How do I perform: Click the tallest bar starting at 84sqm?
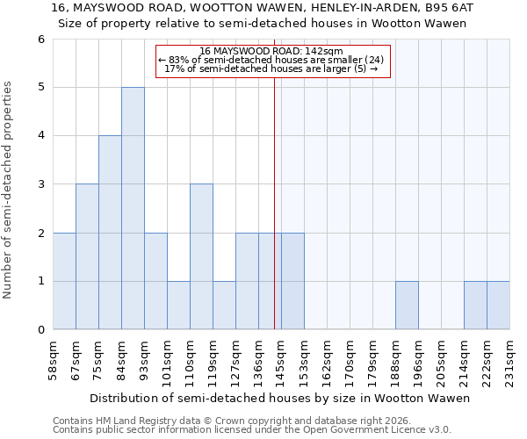pyautogui.click(x=133, y=208)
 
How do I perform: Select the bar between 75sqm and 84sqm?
pyautogui.click(x=110, y=233)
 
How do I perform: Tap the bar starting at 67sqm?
pyautogui.click(x=87, y=256)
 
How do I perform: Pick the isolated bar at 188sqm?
pyautogui.click(x=407, y=306)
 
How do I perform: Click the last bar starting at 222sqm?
pyautogui.click(x=498, y=306)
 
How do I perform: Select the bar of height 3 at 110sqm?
pyautogui.click(x=201, y=256)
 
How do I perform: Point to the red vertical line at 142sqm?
pyautogui.click(x=274, y=202)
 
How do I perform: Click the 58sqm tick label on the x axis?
pyautogui.click(x=54, y=358)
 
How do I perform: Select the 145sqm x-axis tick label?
pyautogui.click(x=282, y=358)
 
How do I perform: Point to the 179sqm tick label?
pyautogui.click(x=373, y=358)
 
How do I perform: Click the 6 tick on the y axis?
pyautogui.click(x=40, y=40)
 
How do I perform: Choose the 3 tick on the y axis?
pyautogui.click(x=40, y=184)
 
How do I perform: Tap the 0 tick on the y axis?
pyautogui.click(x=40, y=330)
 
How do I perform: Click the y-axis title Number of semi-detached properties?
pyautogui.click(x=9, y=190)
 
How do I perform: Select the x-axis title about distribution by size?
pyautogui.click(x=281, y=398)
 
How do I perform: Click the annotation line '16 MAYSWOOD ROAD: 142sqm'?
pyautogui.click(x=271, y=52)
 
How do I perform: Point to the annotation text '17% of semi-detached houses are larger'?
pyautogui.click(x=271, y=68)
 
